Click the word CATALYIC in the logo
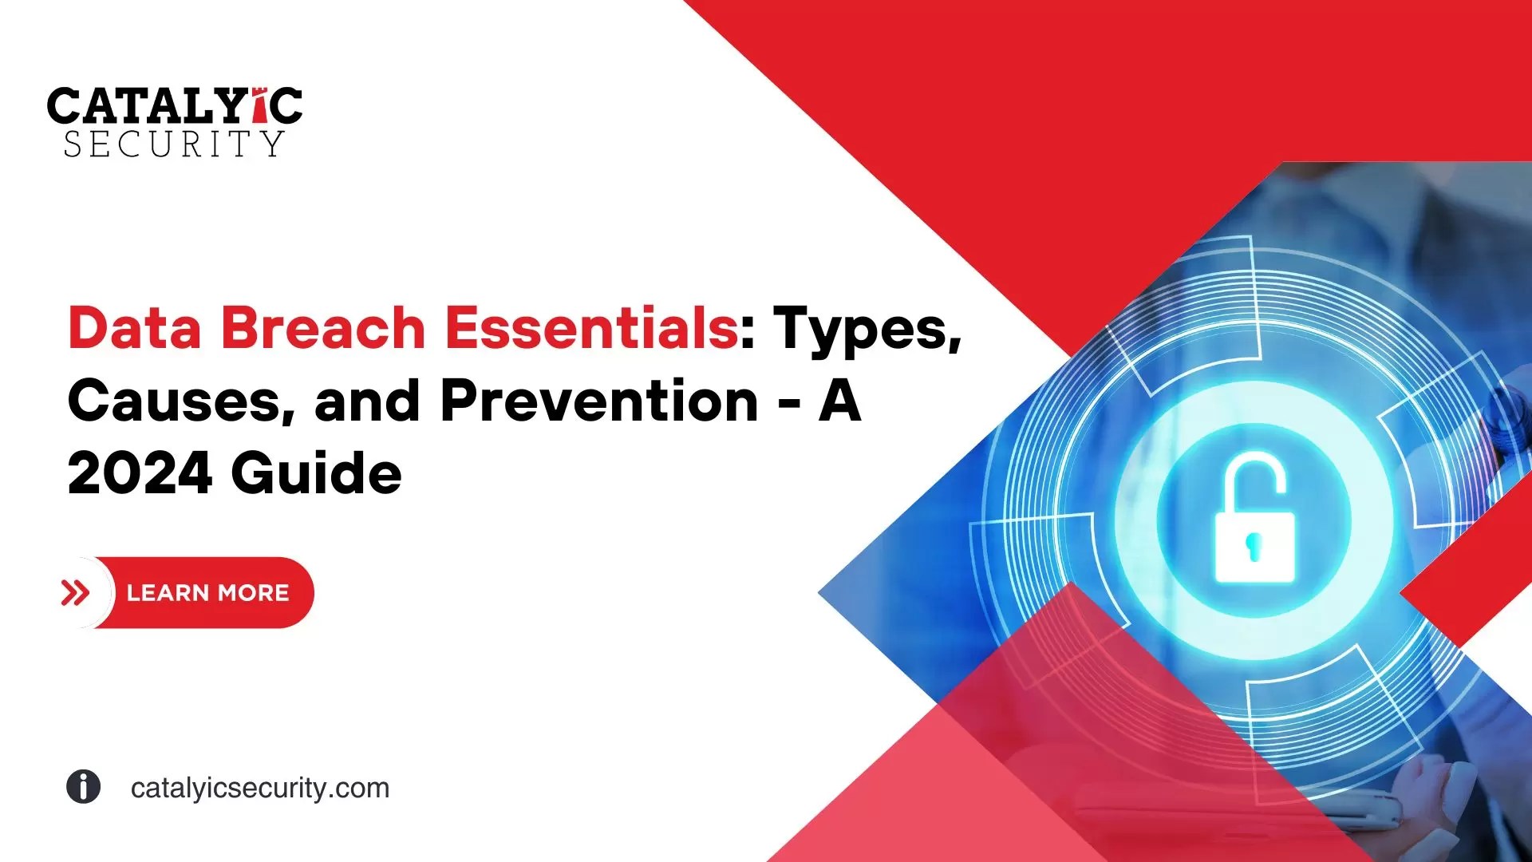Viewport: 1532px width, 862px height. [174, 105]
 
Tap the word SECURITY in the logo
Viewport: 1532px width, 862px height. [174, 144]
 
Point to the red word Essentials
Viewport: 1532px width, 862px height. [590, 327]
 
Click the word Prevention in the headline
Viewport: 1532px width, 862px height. [598, 401]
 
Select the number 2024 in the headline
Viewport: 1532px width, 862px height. [140, 473]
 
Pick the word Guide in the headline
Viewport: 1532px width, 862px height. [316, 473]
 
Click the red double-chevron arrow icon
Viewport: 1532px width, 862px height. [75, 593]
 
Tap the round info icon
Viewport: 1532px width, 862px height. [83, 787]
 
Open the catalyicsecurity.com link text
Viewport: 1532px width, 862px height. [260, 788]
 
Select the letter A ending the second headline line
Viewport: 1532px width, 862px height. [839, 401]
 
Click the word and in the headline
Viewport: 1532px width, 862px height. [367, 401]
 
